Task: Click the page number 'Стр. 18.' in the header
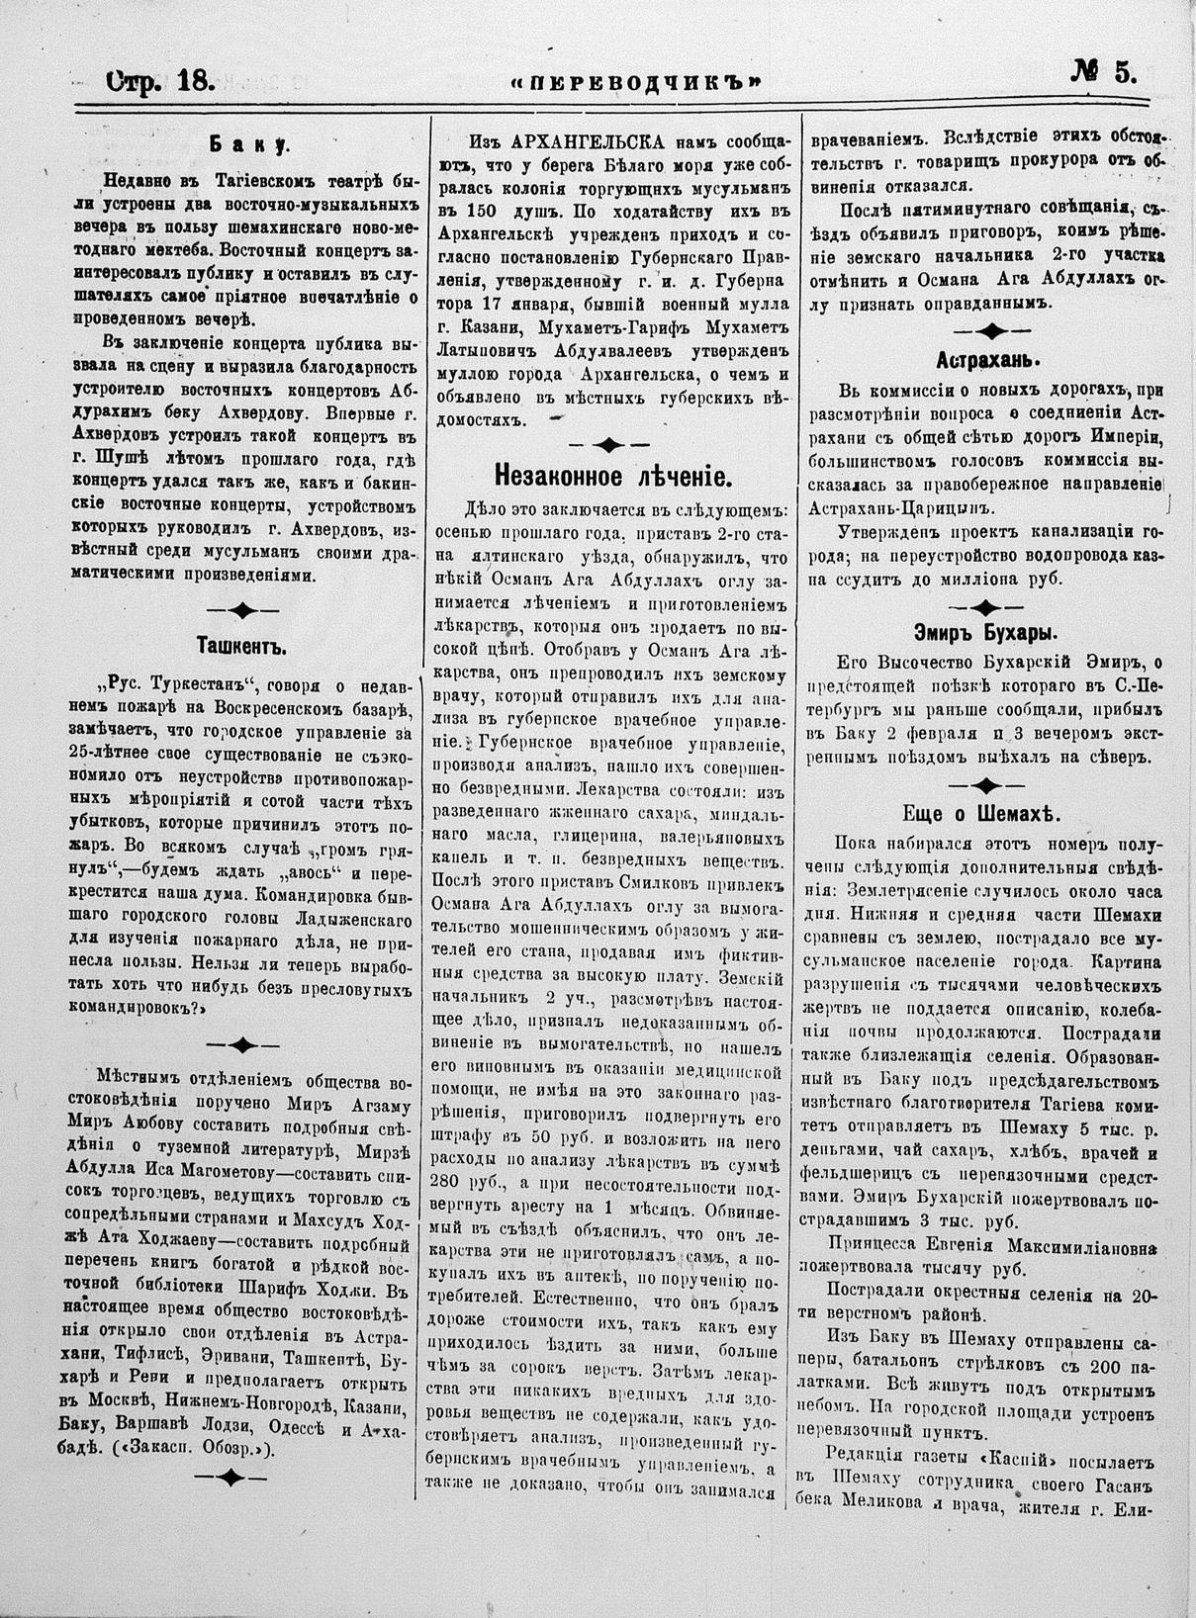point(158,80)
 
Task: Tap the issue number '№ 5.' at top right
point(1102,73)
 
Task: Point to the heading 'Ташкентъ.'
point(241,649)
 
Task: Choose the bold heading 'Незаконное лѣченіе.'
point(612,478)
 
